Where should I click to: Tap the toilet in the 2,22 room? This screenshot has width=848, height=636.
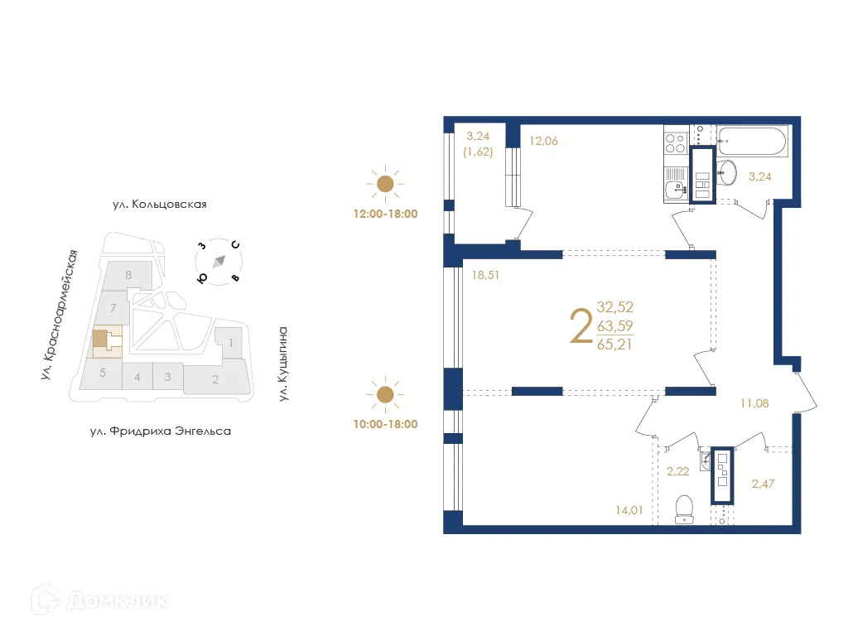point(684,508)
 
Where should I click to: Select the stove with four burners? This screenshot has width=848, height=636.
point(674,143)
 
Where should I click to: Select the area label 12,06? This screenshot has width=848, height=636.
point(543,141)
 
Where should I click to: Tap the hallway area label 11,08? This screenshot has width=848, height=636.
point(754,403)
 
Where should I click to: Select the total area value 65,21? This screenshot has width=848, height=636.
point(614,344)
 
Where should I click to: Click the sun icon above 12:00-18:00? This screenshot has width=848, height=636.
point(385,184)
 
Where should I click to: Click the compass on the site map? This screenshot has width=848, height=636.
point(219,261)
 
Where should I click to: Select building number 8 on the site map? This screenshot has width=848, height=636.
point(128,275)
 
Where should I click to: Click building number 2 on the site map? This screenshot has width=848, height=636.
point(215,380)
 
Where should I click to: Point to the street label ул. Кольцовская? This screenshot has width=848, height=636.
point(159,204)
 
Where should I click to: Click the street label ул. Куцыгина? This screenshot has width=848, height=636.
point(282,364)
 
